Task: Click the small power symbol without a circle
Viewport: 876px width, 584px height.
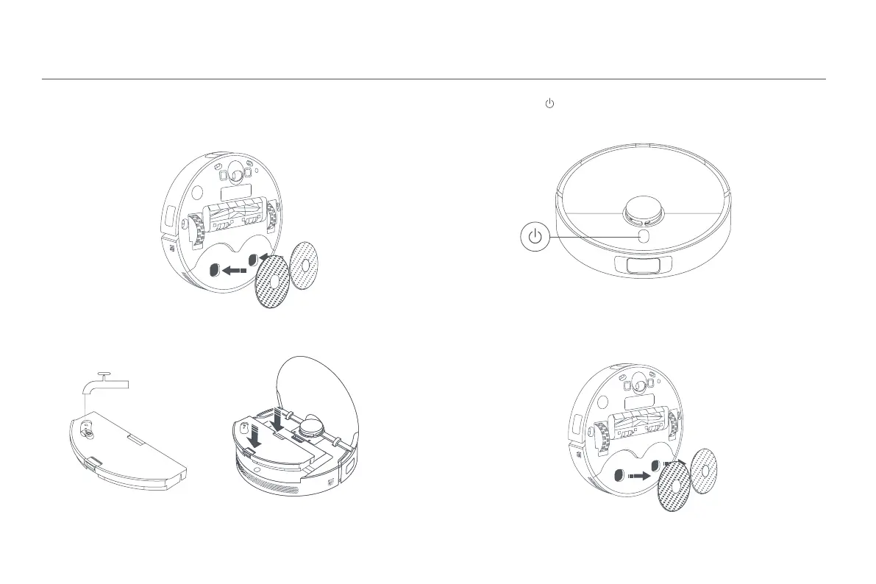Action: pos(549,105)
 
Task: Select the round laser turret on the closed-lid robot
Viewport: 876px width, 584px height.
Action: pos(644,208)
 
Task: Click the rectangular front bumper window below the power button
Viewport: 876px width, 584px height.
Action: pos(643,265)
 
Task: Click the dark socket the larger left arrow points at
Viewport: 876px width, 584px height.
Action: pos(213,271)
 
